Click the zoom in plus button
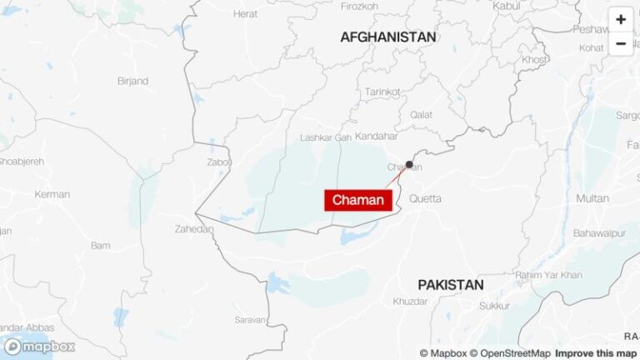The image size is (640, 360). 621,19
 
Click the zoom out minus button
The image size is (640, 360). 621,43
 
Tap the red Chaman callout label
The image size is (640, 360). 358,200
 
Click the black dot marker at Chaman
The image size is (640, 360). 409,164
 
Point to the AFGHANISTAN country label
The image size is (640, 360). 387,37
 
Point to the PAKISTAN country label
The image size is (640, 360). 450,285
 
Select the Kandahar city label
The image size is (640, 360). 377,136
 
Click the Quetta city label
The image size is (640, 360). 425,198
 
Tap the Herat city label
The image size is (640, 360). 245,14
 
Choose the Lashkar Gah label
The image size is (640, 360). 325,137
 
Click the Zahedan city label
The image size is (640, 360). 194,228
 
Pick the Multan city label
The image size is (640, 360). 592,198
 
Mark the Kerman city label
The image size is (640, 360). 52,194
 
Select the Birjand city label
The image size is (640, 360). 132,81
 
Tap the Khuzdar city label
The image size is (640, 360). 411,301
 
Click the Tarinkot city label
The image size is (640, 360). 383,92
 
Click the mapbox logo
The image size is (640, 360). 39,347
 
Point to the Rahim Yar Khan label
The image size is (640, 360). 548,275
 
